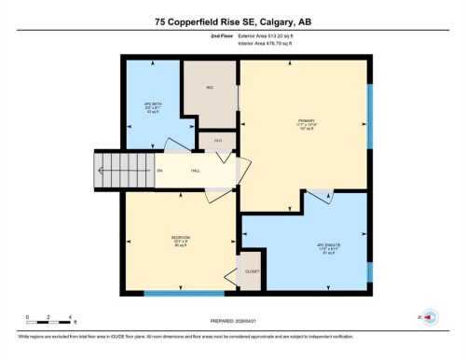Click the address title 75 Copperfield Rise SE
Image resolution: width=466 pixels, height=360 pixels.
[232, 20]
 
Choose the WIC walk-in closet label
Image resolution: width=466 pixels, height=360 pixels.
[210, 88]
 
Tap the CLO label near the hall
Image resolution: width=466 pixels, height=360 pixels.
[217, 141]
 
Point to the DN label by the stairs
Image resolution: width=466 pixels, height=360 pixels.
[159, 171]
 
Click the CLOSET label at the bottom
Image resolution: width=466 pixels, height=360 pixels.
[252, 271]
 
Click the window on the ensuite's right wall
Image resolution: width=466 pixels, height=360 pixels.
[368, 271]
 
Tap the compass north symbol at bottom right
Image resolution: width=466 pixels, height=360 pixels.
[430, 317]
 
